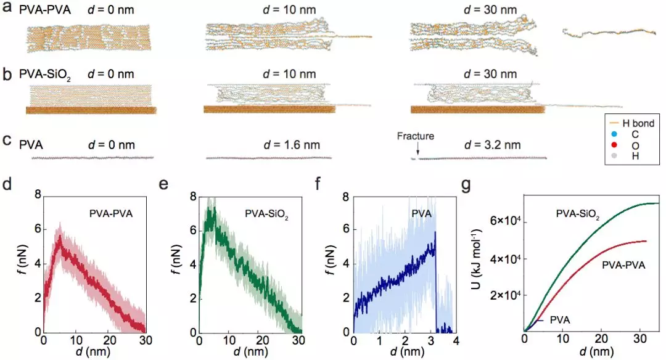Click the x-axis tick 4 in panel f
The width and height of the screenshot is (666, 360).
point(455,340)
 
